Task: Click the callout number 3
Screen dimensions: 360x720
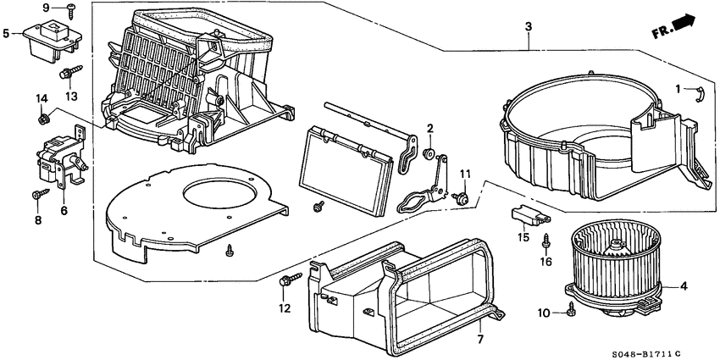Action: coord(528,28)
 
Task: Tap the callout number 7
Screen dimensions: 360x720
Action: coord(479,340)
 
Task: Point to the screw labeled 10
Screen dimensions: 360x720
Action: coord(573,313)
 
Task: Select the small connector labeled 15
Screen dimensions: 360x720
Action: coord(526,213)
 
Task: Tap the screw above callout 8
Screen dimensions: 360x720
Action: coord(38,195)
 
